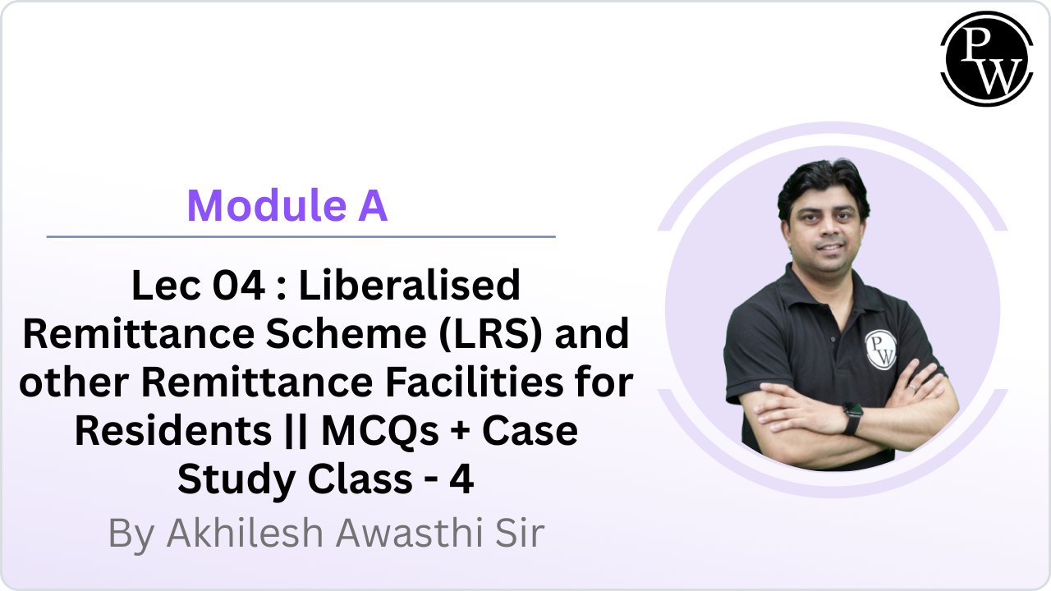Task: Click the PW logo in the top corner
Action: click(x=986, y=59)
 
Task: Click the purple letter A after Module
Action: click(x=371, y=206)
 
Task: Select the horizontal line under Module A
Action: click(x=301, y=236)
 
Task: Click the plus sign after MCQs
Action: click(x=461, y=432)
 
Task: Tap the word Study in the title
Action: click(x=224, y=479)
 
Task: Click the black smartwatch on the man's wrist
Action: click(x=851, y=419)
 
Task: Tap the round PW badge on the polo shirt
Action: click(x=880, y=348)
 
